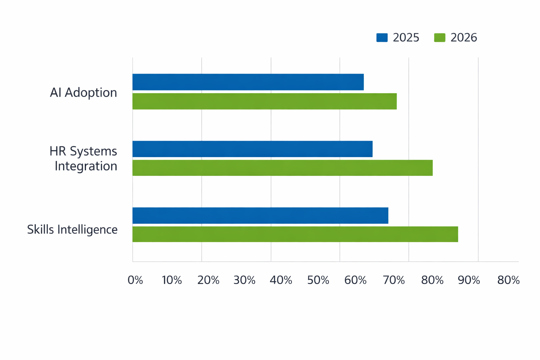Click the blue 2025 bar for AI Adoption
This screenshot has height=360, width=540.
(248, 82)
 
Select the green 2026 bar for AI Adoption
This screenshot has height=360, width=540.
(264, 101)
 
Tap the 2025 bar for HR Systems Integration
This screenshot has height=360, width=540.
(252, 149)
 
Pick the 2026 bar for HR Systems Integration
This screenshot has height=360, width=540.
(283, 168)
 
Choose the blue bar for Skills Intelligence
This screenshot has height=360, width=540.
(261, 215)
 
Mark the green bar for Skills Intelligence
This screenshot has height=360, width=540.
(295, 234)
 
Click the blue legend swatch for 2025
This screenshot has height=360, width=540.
(382, 38)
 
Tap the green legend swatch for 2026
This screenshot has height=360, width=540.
(439, 38)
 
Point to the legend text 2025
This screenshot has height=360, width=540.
(406, 38)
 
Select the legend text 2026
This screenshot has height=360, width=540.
(464, 38)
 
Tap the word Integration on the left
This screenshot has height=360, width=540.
(86, 166)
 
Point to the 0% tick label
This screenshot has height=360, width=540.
(135, 280)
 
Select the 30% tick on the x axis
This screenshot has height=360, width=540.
(244, 280)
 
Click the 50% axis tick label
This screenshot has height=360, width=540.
(318, 280)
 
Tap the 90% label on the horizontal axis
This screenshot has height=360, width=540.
(469, 280)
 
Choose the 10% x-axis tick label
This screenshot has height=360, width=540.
(172, 280)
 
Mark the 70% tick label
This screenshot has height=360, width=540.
(394, 280)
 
